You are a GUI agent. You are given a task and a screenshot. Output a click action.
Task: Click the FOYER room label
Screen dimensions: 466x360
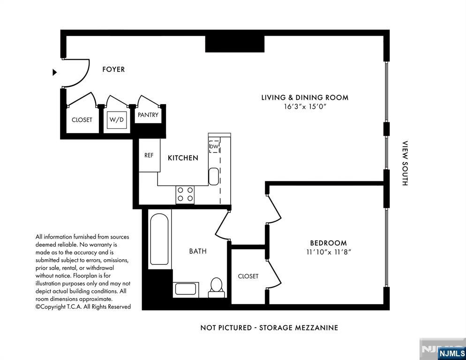pos(113,69)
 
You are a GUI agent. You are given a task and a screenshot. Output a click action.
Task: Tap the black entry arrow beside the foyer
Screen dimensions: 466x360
pos(55,72)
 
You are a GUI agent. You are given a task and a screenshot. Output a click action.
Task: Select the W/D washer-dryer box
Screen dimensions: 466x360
pos(117,120)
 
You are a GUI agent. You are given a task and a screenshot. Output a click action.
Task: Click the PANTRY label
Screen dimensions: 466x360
pos(148,115)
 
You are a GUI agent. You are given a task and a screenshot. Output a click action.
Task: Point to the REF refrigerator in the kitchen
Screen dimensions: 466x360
pos(150,155)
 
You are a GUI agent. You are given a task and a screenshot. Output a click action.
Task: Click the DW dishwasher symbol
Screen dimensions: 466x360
pos(214,146)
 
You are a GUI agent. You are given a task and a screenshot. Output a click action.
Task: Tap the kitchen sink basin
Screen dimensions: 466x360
pos(214,177)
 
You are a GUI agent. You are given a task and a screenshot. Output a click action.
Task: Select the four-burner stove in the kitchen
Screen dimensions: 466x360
pos(185,195)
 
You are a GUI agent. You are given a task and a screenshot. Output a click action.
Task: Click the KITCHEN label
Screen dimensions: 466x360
pos(183,158)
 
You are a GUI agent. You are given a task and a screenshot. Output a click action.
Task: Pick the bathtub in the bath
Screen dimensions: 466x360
pos(159,240)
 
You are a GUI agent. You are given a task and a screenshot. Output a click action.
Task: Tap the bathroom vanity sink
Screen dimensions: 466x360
pos(186,289)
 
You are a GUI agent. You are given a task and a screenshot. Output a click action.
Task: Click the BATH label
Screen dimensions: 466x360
pos(198,251)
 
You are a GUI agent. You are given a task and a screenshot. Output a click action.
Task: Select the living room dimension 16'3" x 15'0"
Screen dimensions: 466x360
pos(305,106)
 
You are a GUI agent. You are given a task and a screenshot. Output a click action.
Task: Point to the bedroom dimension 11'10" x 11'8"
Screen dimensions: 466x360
pos(329,252)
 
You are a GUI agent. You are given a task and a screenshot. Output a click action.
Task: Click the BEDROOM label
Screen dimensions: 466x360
pos(328,243)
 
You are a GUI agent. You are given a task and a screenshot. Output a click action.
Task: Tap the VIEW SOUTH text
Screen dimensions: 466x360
pos(405,163)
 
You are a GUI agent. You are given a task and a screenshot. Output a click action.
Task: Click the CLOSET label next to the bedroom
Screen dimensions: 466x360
pos(248,276)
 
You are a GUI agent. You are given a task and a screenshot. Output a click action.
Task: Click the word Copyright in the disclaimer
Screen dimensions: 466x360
pos(52,307)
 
